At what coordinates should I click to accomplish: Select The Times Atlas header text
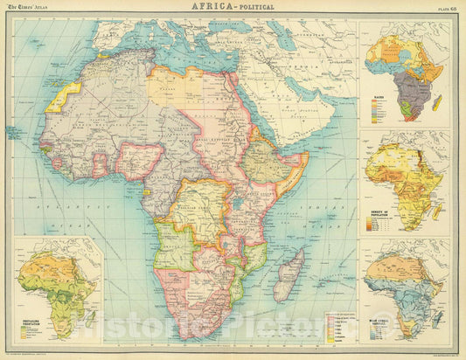[x=27, y=6]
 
